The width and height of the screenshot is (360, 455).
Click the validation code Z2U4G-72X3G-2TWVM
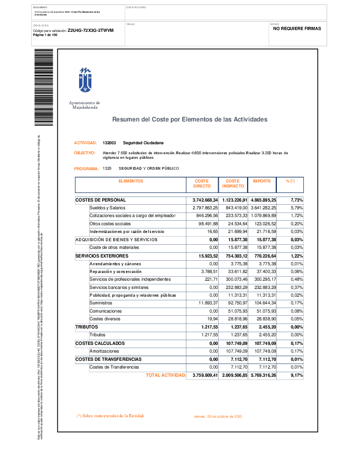[90, 30]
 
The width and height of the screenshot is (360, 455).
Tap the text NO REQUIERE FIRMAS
[297, 28]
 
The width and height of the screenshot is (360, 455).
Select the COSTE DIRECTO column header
[202, 183]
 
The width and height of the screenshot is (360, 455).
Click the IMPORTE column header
[261, 181]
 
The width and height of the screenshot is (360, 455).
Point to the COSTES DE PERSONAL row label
[100, 200]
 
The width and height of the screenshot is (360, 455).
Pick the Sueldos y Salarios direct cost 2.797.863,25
[202, 208]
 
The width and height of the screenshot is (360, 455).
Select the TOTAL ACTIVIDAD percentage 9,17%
[297, 375]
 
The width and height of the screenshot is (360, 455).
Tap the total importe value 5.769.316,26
[263, 375]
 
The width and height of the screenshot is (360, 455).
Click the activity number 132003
[109, 143]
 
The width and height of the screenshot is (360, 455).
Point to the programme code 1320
[107, 168]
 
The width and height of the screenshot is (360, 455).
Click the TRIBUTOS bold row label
[86, 327]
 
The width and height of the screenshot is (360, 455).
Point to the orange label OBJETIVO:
[85, 153]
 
